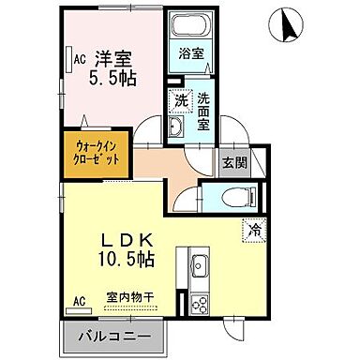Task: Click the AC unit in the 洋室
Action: pos(81,59)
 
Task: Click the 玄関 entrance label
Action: pos(233,162)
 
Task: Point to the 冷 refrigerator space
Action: pos(254,228)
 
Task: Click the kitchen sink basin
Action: pos(199,267)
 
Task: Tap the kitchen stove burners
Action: pos(199,303)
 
